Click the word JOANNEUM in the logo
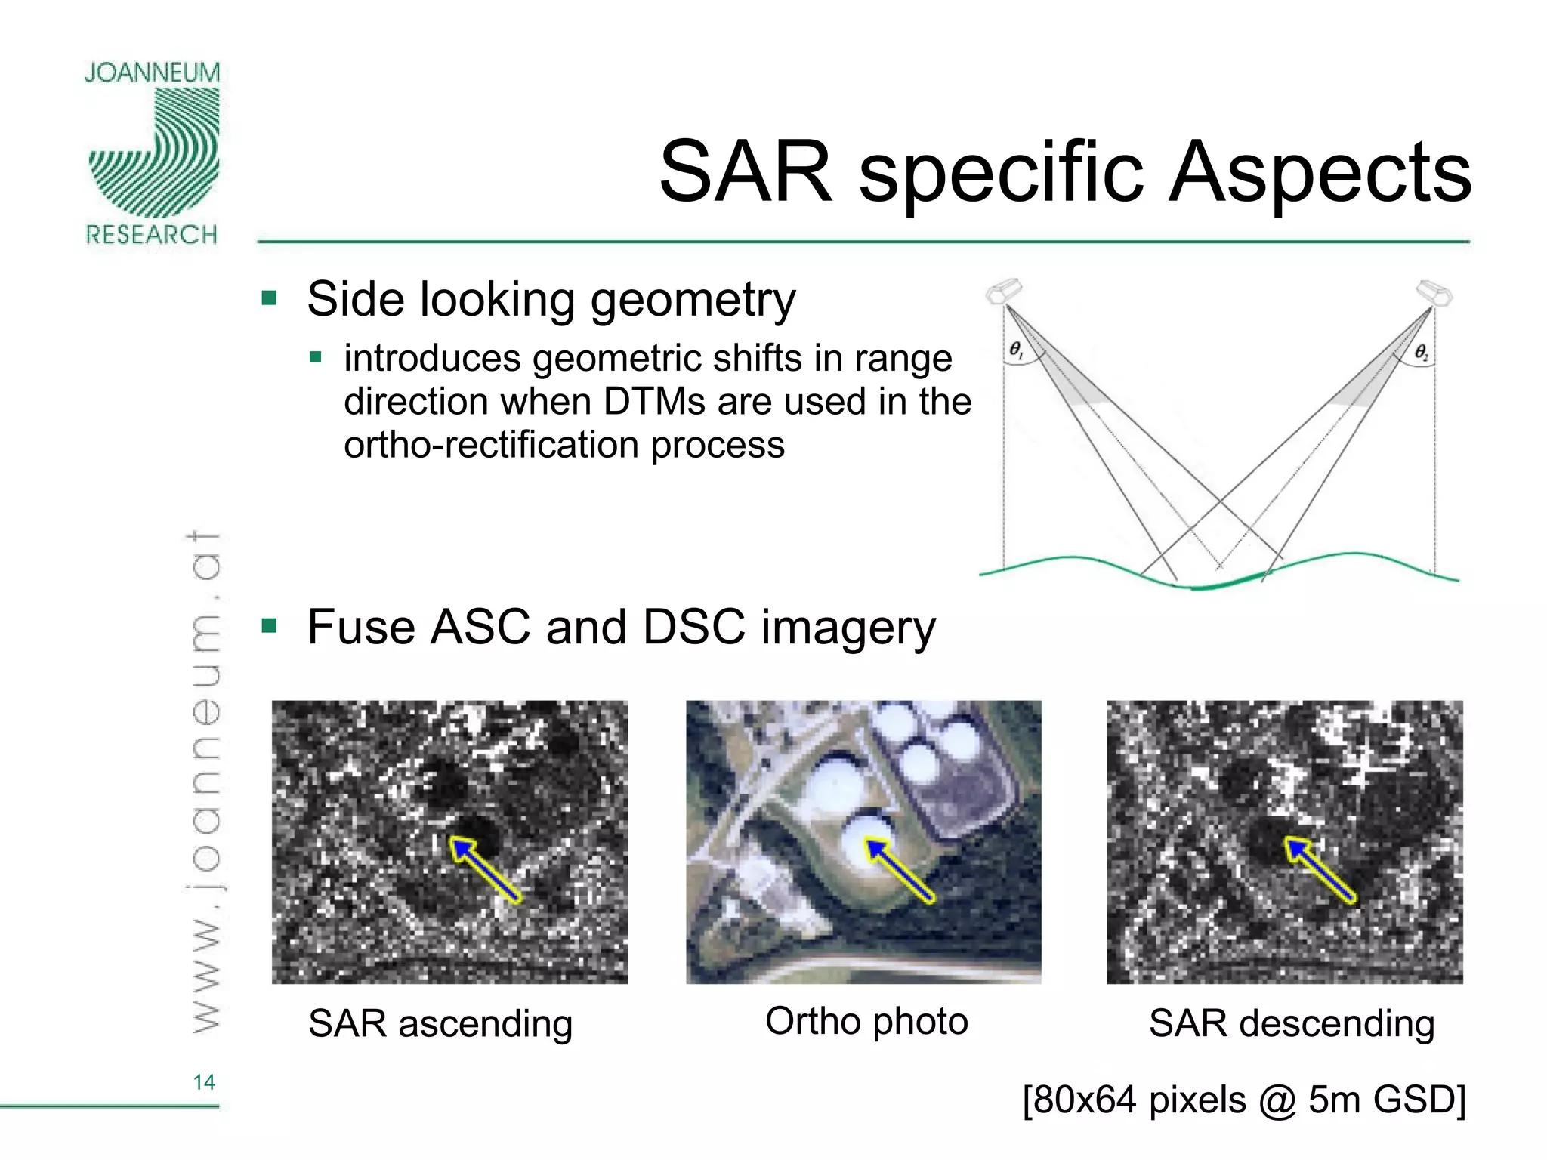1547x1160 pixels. point(152,73)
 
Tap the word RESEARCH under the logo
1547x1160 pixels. point(152,235)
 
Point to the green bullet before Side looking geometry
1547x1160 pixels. point(269,298)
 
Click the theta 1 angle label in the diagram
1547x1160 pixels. point(1017,350)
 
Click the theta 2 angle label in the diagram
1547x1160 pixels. point(1421,352)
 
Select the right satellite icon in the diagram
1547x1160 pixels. point(1433,292)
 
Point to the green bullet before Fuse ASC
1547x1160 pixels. point(269,625)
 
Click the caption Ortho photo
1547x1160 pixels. point(866,1021)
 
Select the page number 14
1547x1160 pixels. point(204,1082)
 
